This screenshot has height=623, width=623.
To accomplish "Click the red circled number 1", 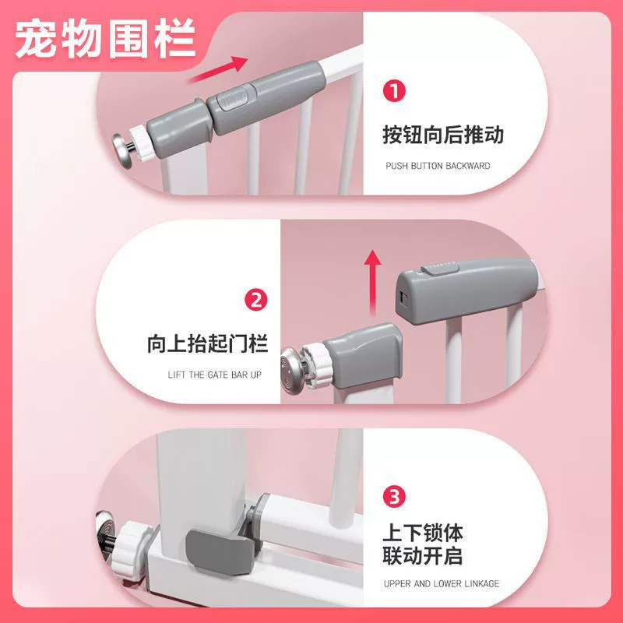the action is pos(394,91).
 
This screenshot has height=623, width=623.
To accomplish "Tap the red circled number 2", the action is pos(256,300).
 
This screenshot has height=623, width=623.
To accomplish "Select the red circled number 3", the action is pos(394,496).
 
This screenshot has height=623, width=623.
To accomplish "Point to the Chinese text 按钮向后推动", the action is pos(443,134).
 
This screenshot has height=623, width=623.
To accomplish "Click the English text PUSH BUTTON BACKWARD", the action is pos(438,166).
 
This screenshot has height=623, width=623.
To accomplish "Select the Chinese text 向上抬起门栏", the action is pos(207,343).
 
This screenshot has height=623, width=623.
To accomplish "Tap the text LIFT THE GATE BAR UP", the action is pos(215,375).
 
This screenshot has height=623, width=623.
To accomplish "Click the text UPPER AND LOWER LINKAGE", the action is pos(442,583).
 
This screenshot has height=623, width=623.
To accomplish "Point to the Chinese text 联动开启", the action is pos(423,555).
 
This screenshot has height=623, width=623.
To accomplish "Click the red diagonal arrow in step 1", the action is pos(218,69).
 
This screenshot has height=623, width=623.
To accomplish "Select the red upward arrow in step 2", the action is pos(372,283).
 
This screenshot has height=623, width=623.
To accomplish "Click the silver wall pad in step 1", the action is pos(124,151).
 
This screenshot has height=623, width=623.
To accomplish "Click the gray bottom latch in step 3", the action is pos(220,551).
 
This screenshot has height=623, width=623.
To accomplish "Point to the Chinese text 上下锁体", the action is pos(423,533).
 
